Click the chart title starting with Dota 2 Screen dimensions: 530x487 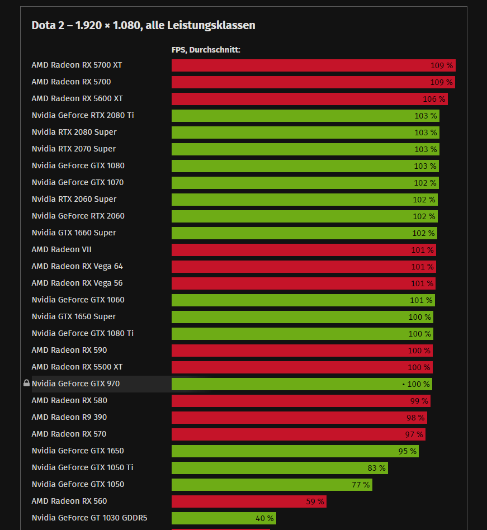(x=143, y=25)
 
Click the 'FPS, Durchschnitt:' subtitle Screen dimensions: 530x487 (x=205, y=50)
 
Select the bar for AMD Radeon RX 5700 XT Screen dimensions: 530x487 (x=313, y=65)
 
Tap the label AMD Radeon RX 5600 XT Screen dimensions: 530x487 (x=77, y=98)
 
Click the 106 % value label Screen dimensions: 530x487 (x=433, y=99)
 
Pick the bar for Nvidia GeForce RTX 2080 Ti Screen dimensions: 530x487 (x=305, y=116)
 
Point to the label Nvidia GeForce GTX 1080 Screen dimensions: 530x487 (x=78, y=165)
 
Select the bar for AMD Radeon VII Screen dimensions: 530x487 (x=303, y=250)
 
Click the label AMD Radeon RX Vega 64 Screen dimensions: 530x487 (x=77, y=266)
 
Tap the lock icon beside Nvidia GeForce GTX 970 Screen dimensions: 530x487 (x=26, y=384)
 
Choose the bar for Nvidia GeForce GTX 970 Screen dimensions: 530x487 (x=301, y=384)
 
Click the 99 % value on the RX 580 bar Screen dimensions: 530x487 (x=419, y=401)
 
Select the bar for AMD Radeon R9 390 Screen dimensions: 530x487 (x=299, y=418)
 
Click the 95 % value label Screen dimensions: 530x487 (x=407, y=451)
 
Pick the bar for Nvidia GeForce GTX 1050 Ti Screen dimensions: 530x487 (x=280, y=468)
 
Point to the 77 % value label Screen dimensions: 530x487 (x=361, y=485)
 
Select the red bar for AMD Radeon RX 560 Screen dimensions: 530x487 (x=249, y=501)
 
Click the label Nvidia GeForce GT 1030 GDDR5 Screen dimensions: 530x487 (x=89, y=518)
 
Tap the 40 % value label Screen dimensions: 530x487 (x=264, y=518)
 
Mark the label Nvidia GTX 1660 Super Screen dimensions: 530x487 (x=74, y=233)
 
